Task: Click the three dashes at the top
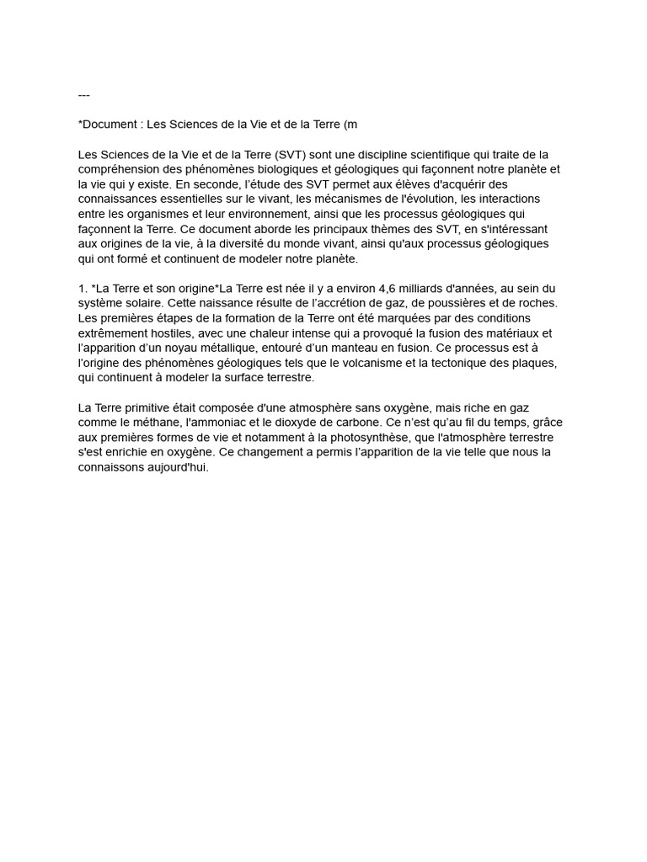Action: point(83,95)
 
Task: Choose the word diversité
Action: point(285,243)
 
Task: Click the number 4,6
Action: point(371,288)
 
